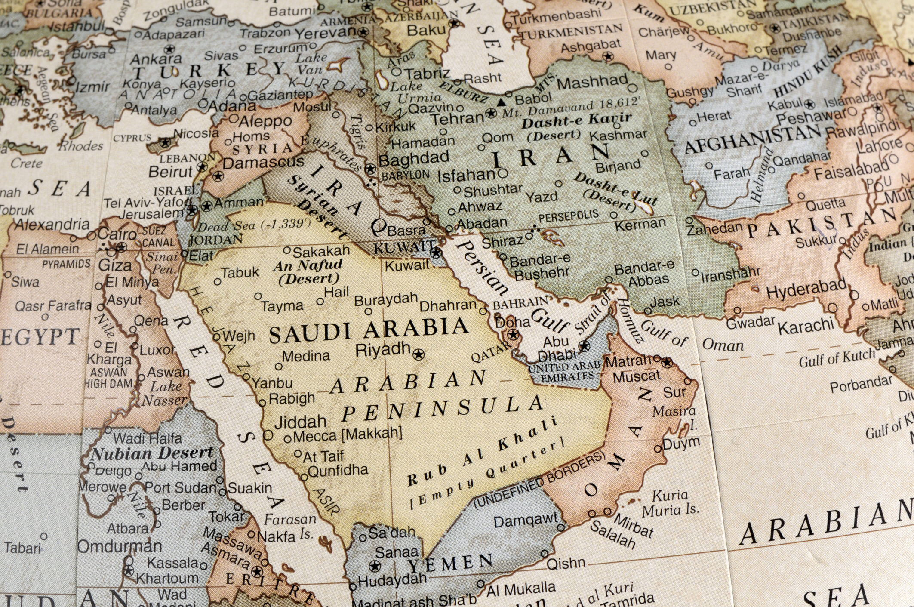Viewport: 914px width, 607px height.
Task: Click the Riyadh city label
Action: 383,349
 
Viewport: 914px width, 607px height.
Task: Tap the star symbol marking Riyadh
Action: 418,354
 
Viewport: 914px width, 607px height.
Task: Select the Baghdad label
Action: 413,159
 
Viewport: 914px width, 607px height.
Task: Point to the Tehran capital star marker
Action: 491,114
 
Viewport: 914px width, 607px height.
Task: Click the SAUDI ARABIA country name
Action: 369,330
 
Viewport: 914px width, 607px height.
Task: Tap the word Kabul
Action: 785,105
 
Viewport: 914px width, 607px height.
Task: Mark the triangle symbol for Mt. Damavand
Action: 501,102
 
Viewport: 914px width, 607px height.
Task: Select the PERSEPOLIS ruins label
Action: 569,216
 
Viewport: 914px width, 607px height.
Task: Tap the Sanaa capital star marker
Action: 375,566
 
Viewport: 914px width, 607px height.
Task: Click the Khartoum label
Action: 168,578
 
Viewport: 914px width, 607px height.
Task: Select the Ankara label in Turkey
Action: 156,59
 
